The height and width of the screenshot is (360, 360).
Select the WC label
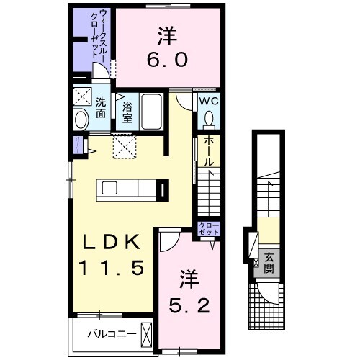coord(210,101)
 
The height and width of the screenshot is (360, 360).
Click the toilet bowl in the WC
coord(210,118)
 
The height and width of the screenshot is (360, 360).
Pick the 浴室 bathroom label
coord(126,113)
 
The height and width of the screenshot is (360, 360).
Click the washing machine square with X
coord(81,96)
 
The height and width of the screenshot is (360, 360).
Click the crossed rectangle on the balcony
coord(147,335)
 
